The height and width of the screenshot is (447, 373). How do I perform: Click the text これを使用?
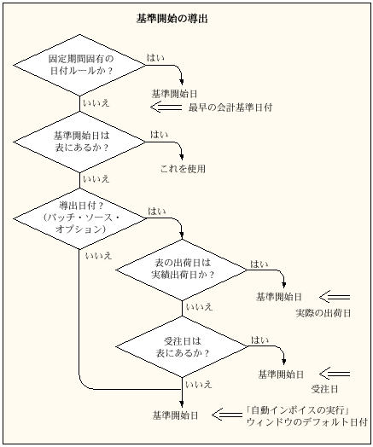pyautogui.click(x=183, y=169)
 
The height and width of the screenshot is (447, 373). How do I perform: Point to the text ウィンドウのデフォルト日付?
pyautogui.click(x=306, y=423)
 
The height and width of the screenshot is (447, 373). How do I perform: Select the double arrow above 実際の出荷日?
pyautogui.click(x=334, y=296)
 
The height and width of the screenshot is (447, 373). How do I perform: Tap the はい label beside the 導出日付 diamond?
pyautogui.click(x=158, y=211)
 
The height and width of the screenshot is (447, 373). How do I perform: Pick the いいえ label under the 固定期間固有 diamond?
pyautogui.click(x=95, y=102)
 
